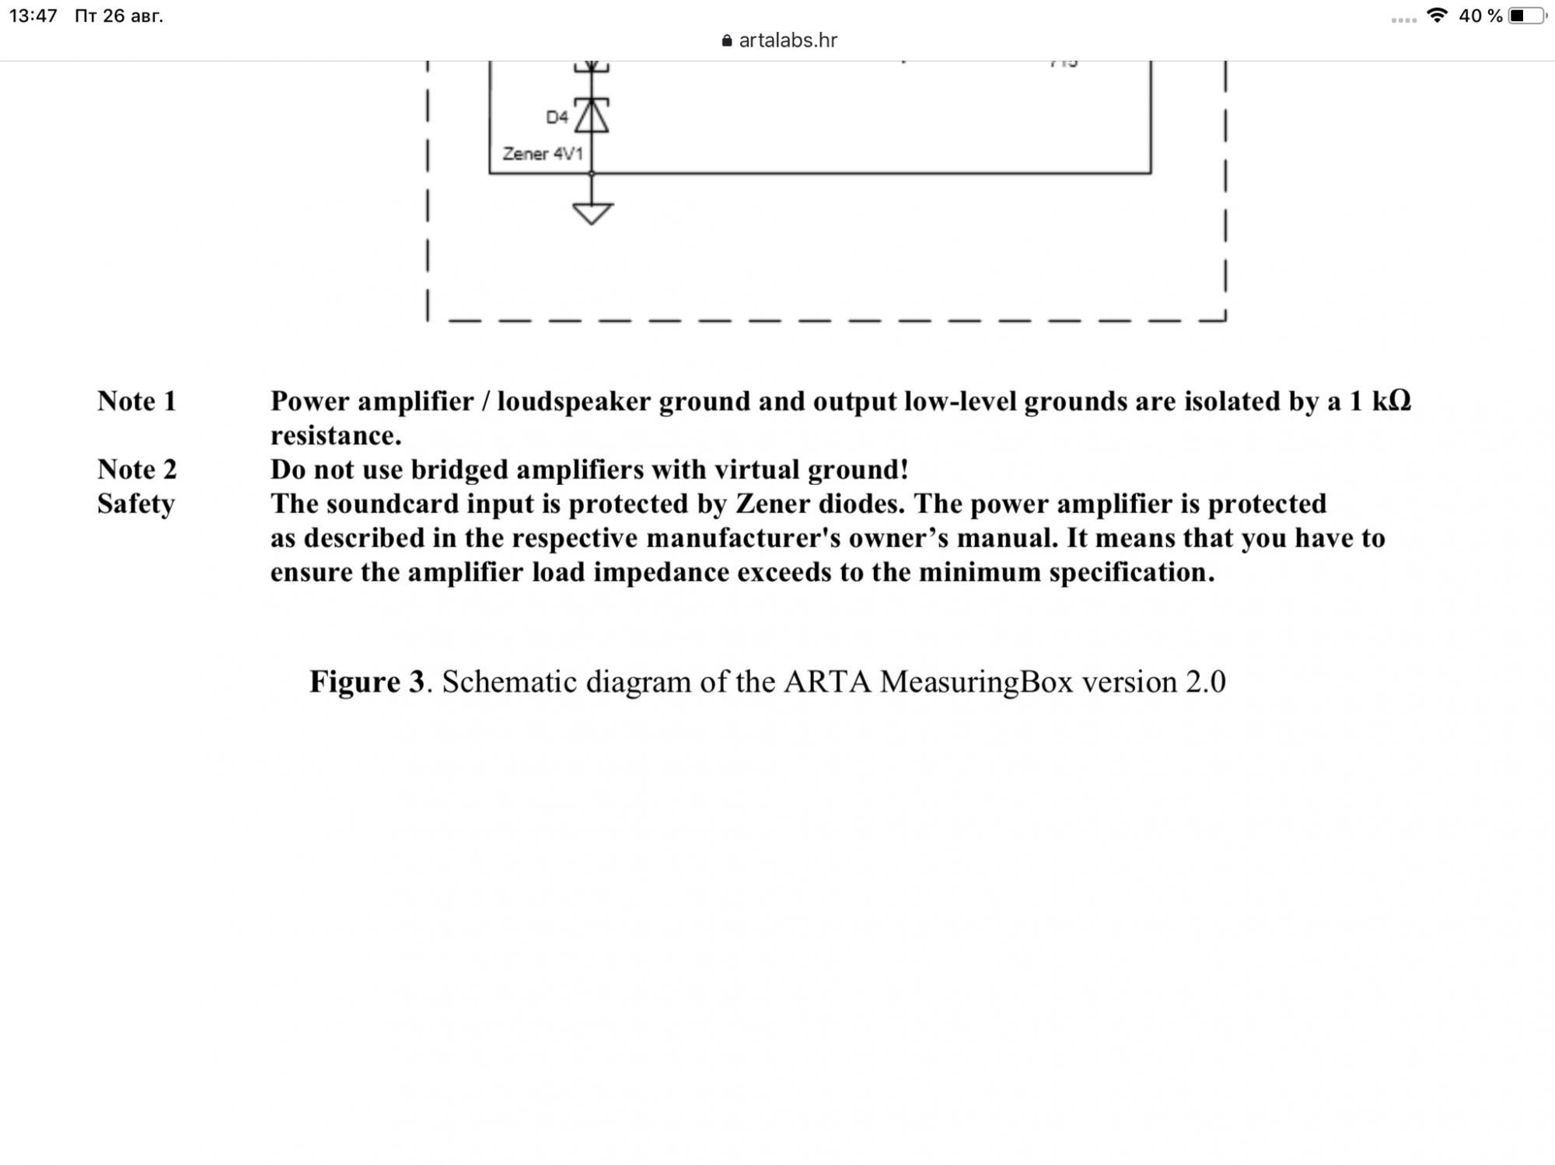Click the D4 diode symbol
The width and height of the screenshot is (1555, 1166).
tap(592, 116)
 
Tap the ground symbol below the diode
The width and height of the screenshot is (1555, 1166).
tap(592, 212)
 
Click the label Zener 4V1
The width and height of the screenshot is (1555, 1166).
tap(542, 154)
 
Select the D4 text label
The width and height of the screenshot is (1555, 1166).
tap(557, 117)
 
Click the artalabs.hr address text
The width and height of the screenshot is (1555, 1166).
tap(788, 40)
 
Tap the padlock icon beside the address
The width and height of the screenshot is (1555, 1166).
tap(727, 41)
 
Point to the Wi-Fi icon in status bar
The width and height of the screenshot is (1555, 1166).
tap(1438, 16)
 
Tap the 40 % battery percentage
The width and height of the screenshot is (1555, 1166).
tap(1480, 16)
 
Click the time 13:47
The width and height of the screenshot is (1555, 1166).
tap(33, 16)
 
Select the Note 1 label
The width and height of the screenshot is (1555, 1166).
tap(137, 401)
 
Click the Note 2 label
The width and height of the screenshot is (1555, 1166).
tap(137, 470)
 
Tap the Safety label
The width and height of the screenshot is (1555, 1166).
tap(136, 504)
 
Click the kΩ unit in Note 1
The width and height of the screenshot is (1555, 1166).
tap(1391, 401)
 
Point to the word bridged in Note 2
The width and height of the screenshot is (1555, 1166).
tap(460, 470)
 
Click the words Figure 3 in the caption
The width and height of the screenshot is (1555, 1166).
tap(367, 682)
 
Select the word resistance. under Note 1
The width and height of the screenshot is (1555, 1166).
tap(336, 435)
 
